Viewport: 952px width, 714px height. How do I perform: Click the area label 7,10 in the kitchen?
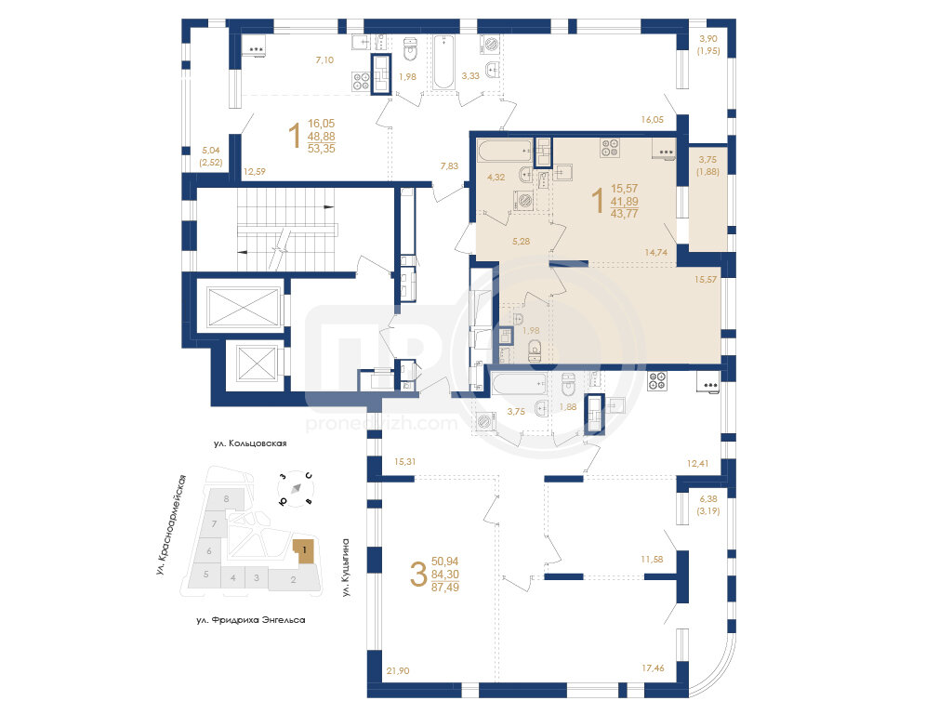click(x=324, y=60)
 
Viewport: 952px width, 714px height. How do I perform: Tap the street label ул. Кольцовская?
click(x=250, y=443)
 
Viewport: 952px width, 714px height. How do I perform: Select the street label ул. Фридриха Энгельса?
click(x=251, y=620)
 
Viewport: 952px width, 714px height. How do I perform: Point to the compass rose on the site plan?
click(x=296, y=488)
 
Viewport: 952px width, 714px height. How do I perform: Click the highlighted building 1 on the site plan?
click(x=304, y=551)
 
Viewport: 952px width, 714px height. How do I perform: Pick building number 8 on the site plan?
click(x=227, y=499)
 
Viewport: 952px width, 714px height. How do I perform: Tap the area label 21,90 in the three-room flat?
click(x=398, y=671)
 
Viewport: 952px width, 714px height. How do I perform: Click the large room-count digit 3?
click(x=419, y=575)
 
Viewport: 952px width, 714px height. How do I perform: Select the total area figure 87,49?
click(x=445, y=588)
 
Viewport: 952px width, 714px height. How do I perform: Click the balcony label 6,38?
click(x=707, y=499)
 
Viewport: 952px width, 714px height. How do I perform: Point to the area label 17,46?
click(x=653, y=668)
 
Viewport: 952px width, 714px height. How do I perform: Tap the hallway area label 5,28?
click(x=521, y=241)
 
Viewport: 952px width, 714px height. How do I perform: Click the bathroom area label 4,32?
click(x=496, y=178)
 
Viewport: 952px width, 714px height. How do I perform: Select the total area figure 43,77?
click(x=624, y=214)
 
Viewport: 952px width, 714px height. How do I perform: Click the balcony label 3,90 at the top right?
click(x=707, y=39)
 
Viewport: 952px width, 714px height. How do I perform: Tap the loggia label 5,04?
click(x=211, y=150)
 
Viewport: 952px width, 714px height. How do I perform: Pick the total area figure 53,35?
click(x=321, y=148)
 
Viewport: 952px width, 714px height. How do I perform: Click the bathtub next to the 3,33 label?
click(x=443, y=62)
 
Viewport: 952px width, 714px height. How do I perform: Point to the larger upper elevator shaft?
click(x=243, y=307)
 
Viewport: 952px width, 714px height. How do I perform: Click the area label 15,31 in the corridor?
click(x=405, y=461)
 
